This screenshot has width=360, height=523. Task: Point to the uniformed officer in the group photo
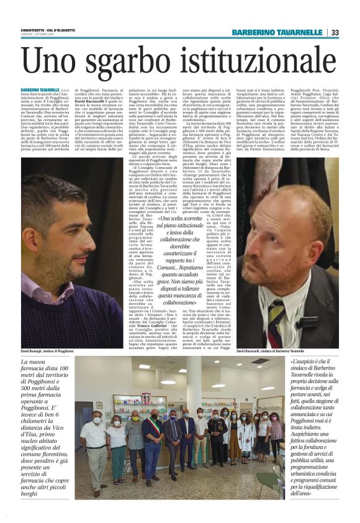click(x=216, y=435)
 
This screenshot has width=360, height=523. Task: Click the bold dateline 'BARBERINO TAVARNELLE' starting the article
click(x=49, y=90)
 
